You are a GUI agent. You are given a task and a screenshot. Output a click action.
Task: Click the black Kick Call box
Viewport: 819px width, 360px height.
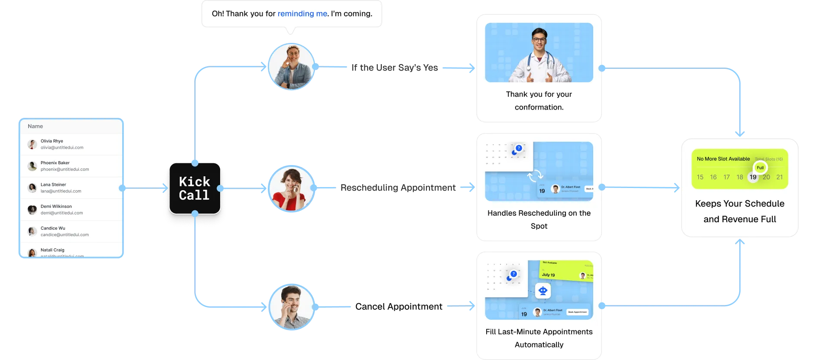195,188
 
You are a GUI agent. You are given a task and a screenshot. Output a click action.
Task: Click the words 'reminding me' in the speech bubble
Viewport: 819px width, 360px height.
302,14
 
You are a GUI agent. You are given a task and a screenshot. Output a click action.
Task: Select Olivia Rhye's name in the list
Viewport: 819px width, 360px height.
52,141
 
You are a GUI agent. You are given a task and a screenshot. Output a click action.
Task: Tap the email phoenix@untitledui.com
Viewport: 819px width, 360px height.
65,169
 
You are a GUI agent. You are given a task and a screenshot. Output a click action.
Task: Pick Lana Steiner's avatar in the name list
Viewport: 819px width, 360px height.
32,188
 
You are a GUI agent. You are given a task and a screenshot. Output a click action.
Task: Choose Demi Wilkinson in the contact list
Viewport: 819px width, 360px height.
56,207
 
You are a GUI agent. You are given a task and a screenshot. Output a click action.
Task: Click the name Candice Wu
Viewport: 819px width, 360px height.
53,228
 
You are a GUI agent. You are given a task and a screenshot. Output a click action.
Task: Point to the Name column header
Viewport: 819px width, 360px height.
36,126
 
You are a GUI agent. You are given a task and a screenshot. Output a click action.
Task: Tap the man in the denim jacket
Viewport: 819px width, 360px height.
291,67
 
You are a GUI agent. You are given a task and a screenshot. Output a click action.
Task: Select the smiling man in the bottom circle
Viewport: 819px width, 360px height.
291,306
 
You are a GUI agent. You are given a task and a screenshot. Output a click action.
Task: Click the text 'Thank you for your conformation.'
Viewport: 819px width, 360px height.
539,101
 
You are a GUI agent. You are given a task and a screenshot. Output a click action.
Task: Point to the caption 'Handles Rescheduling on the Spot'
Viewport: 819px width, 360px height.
539,219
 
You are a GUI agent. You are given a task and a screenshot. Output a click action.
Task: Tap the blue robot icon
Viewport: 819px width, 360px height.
543,291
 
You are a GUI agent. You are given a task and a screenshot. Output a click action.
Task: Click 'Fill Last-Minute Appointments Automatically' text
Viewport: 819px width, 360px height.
539,338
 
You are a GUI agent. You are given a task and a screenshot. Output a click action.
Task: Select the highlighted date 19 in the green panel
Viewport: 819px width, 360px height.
753,177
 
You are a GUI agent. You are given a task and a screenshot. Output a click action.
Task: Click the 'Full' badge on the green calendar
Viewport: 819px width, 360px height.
760,168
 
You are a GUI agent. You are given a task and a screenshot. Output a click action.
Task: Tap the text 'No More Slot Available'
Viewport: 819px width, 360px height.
723,159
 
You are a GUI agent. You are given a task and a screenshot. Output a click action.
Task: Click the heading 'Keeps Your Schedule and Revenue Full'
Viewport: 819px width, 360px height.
740,211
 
